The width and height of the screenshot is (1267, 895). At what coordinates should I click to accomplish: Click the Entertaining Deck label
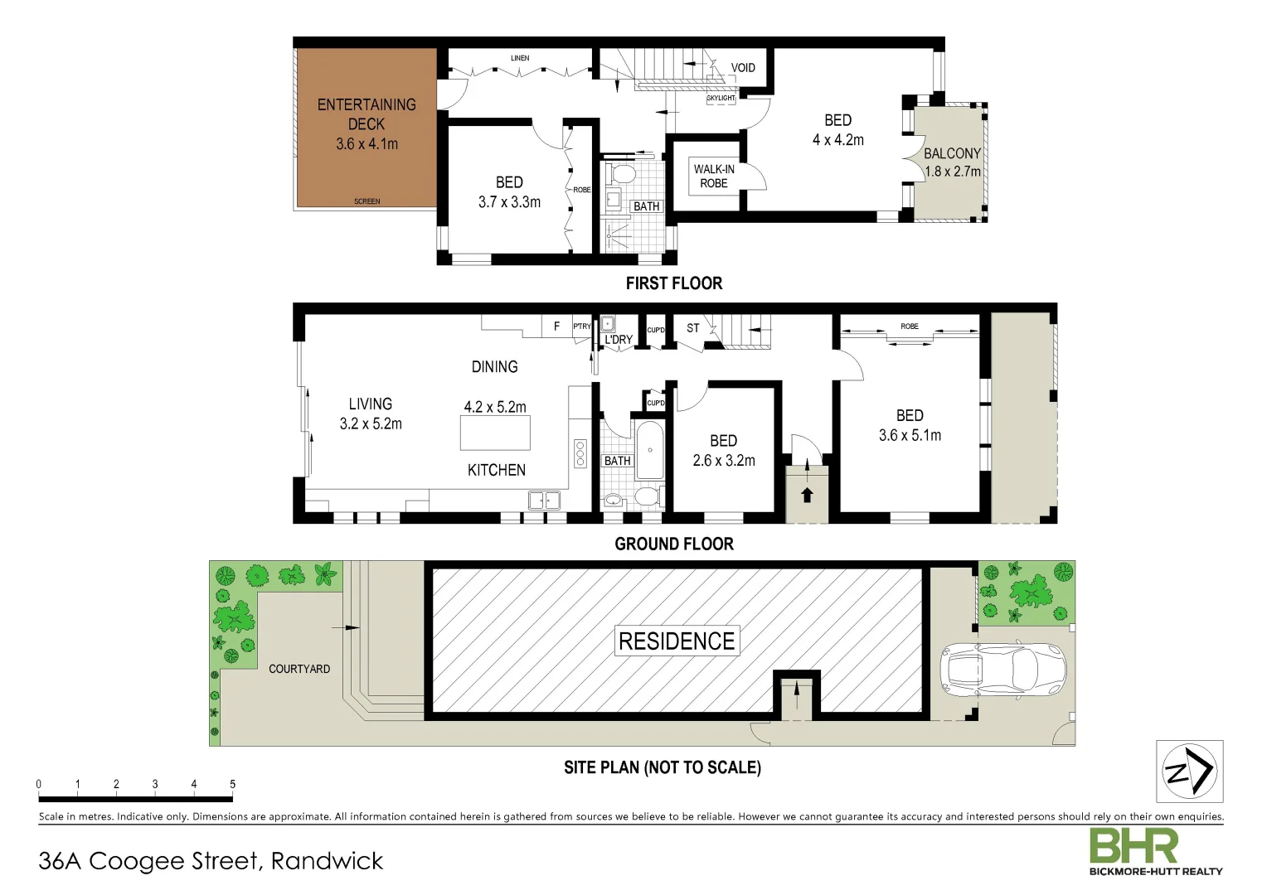click(367, 114)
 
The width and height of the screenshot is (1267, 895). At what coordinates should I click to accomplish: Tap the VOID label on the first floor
click(743, 68)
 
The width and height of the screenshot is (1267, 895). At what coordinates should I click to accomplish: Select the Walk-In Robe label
click(713, 176)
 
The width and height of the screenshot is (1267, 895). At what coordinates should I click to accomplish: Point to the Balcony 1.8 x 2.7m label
click(952, 162)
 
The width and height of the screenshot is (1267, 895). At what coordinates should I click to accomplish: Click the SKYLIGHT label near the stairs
click(721, 98)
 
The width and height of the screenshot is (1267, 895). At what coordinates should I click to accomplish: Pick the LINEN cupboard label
click(520, 58)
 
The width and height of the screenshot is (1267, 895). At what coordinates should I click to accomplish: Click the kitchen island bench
click(495, 433)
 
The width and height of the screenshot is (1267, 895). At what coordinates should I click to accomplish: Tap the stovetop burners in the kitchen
click(580, 454)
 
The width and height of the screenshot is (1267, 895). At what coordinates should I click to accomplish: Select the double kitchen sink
click(544, 501)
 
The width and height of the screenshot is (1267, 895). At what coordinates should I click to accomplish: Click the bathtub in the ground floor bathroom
click(649, 451)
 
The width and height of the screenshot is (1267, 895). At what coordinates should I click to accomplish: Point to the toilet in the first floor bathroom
click(622, 175)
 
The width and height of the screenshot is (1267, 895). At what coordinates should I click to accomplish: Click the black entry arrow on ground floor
click(807, 495)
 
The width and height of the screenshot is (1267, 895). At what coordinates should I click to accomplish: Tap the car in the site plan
click(1002, 668)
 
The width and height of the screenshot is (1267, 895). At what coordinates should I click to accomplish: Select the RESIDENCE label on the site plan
click(677, 641)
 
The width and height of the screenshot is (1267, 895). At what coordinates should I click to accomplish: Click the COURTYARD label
click(299, 669)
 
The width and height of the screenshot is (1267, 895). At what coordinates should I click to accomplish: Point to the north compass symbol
click(1189, 772)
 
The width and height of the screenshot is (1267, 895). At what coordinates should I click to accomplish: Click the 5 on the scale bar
click(232, 784)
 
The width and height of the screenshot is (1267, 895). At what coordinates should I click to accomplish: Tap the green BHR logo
click(1133, 845)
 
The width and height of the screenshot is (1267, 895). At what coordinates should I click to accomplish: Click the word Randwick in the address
click(327, 861)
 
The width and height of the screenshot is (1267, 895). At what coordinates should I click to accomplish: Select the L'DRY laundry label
click(618, 340)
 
